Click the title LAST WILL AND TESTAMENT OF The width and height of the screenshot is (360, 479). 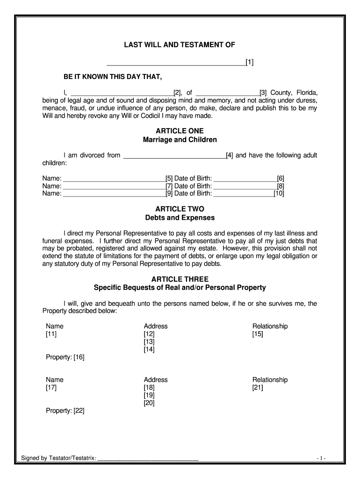point(180,45)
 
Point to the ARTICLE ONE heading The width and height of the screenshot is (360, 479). point(180,131)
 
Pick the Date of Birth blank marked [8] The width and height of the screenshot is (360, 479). point(245,186)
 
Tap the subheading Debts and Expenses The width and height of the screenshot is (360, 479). point(180,218)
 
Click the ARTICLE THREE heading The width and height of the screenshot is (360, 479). point(180,279)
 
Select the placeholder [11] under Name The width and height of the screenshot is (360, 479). point(51,334)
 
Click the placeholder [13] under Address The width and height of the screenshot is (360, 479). point(149,342)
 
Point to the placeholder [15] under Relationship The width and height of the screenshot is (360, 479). point(258,334)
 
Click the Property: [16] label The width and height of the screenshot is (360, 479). point(65,357)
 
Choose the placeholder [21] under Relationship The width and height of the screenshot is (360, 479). point(258,388)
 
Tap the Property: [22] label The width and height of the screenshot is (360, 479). point(65,411)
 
